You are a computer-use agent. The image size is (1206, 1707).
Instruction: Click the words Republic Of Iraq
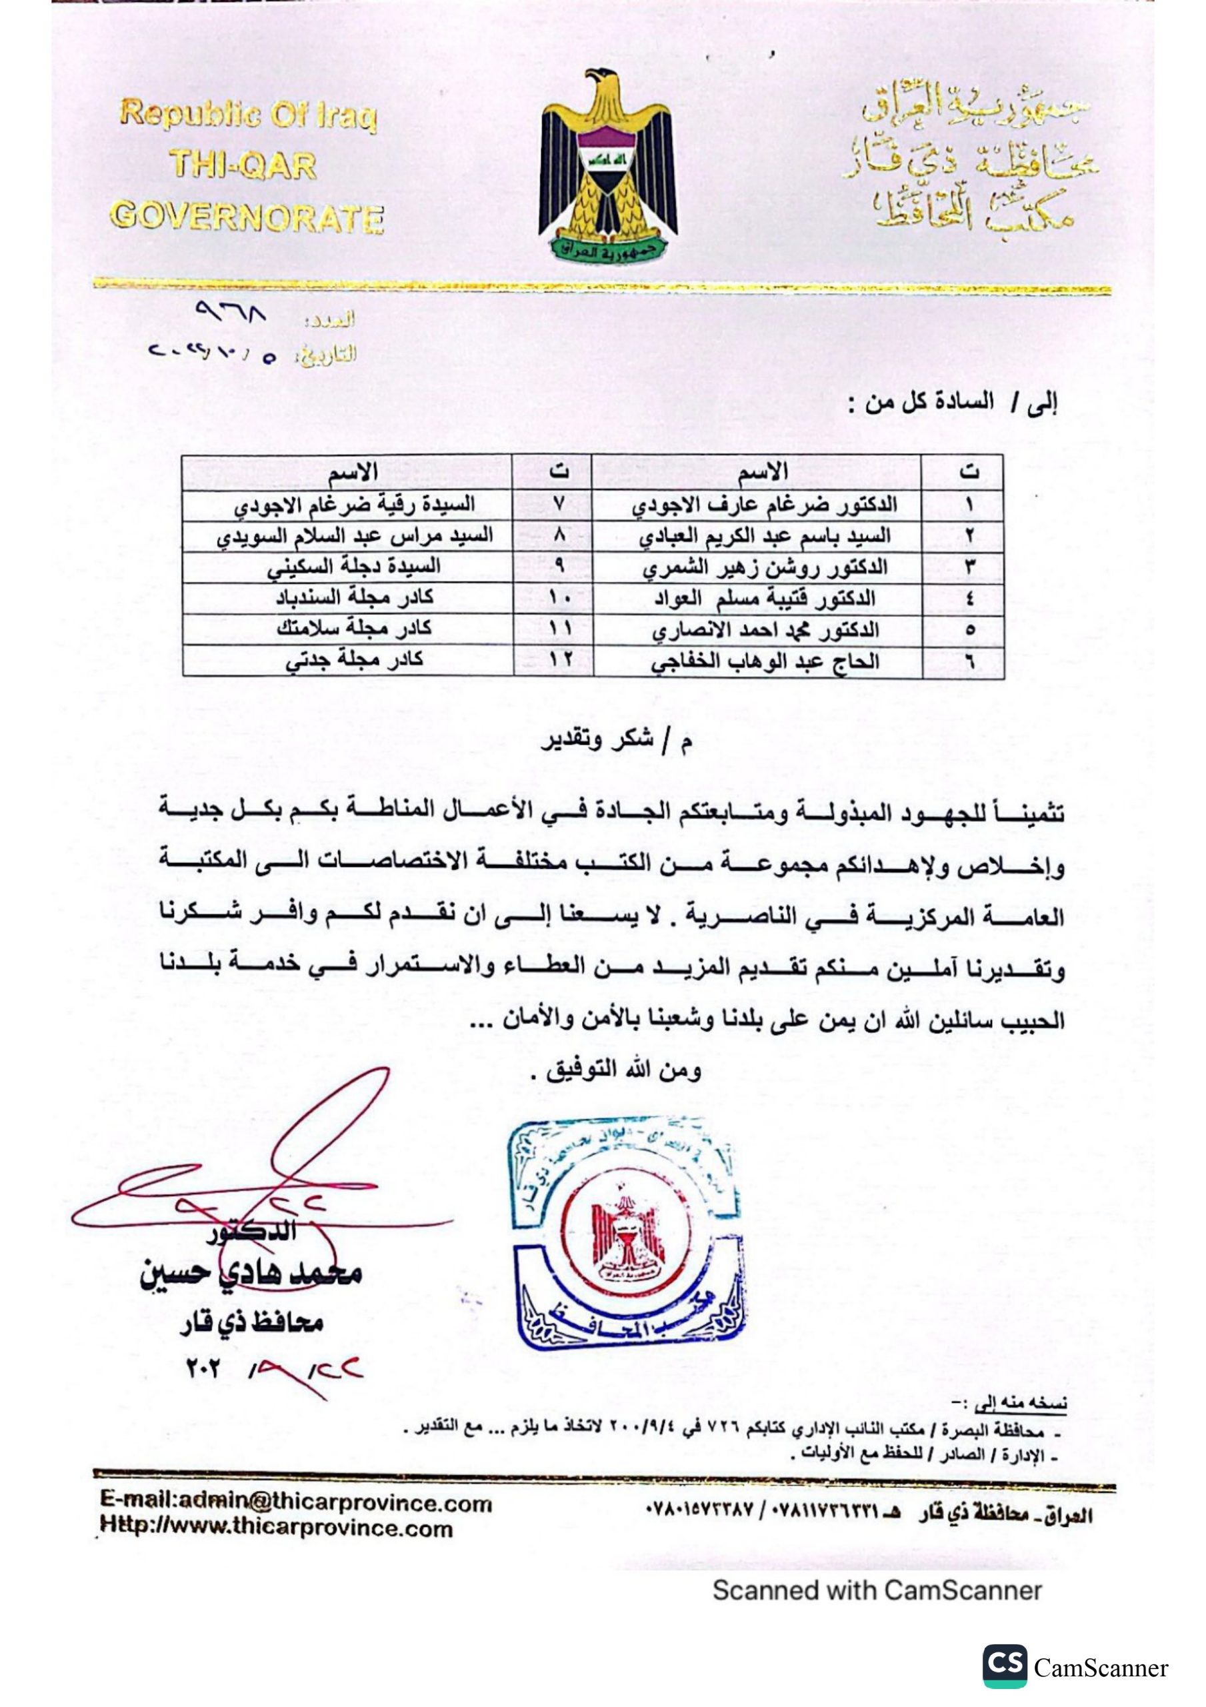(x=249, y=115)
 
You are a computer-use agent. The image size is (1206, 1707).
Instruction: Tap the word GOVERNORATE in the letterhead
(x=247, y=217)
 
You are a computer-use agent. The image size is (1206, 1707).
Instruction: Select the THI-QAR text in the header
(x=243, y=165)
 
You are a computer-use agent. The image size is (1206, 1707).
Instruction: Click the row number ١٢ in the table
(x=560, y=659)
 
